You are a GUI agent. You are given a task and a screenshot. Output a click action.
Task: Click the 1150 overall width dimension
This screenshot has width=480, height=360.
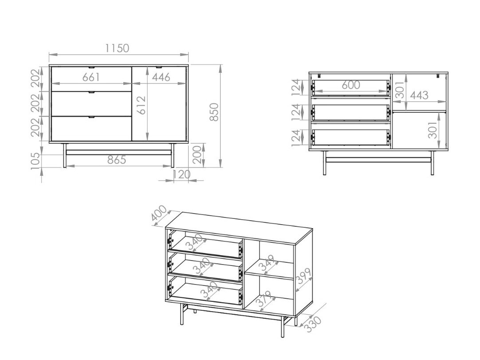point(117,48)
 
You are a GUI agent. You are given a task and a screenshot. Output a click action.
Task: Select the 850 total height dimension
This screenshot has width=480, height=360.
point(215,112)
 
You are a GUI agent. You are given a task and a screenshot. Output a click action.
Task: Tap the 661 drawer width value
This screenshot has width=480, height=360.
point(91,77)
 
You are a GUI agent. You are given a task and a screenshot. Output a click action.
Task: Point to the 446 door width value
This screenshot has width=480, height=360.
point(161,77)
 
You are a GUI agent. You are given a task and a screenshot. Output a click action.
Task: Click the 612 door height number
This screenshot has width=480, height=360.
point(142,105)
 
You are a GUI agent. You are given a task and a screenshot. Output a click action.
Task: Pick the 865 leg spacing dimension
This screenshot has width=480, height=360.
point(117,160)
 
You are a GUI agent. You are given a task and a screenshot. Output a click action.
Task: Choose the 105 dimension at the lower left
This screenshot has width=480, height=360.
point(36,161)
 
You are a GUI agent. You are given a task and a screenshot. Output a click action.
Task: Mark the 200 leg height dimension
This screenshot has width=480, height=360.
point(197,155)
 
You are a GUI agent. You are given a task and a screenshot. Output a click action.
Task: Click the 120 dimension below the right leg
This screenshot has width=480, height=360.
point(182,174)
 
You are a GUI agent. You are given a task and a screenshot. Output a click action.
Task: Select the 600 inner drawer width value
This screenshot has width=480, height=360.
point(351,85)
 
